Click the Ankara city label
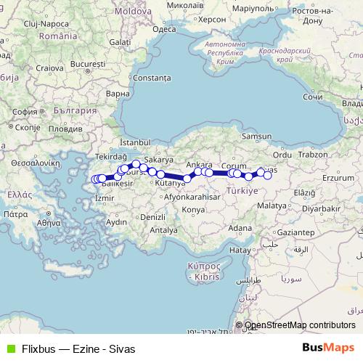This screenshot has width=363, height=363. click(199, 164)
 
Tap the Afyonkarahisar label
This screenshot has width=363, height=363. click(192, 197)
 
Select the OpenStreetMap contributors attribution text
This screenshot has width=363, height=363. click(300, 325)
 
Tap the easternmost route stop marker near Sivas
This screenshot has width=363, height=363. click(267, 175)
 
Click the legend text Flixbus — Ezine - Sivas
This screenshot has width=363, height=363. click(78, 348)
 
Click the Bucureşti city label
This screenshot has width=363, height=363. click(89, 65)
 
